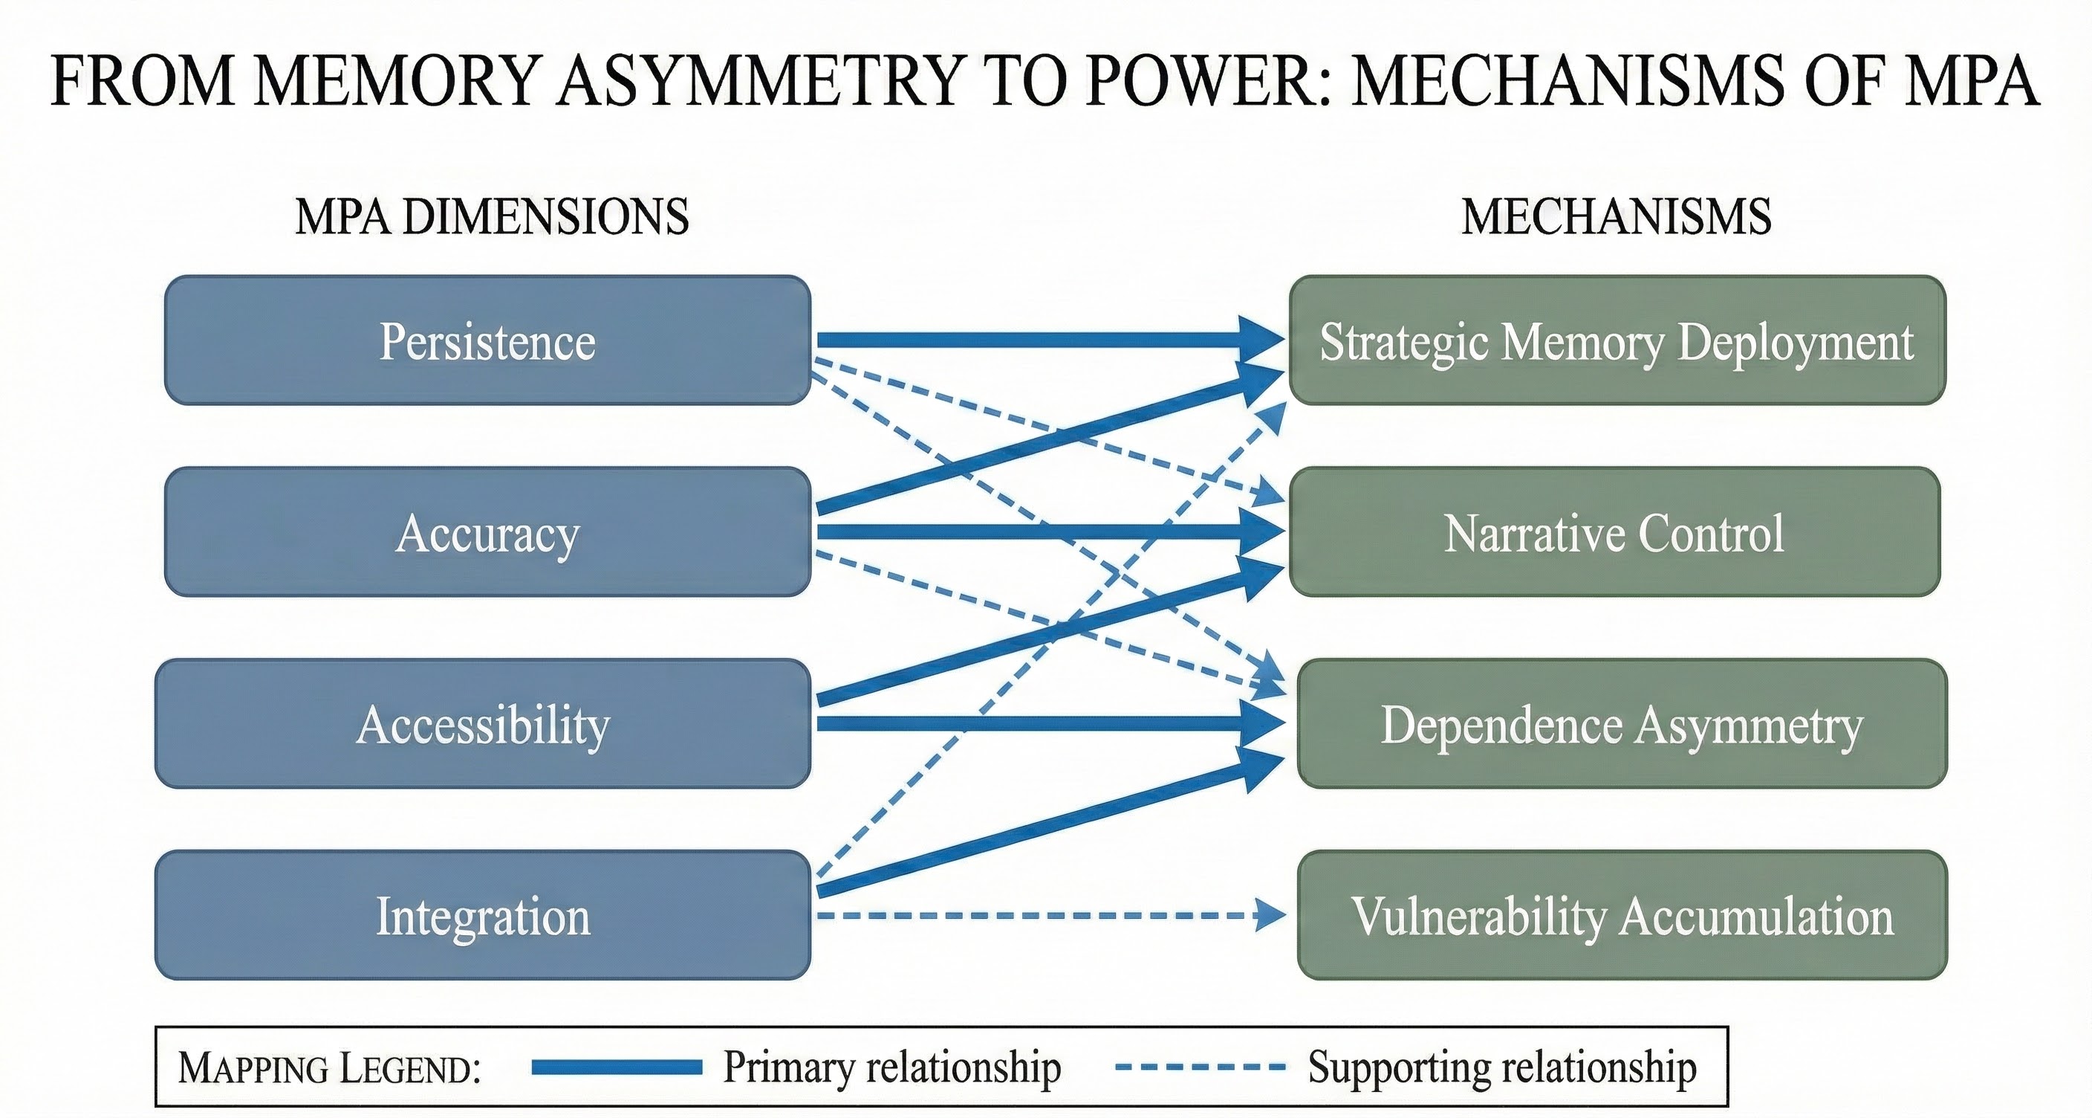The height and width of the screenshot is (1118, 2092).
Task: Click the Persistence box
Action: pos(487,340)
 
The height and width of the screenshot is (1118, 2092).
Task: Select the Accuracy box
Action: pos(487,532)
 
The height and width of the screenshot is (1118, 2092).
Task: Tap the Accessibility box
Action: pos(482,724)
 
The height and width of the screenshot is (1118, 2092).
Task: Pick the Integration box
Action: pos(482,916)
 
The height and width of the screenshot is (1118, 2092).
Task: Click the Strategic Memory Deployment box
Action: pos(1616,340)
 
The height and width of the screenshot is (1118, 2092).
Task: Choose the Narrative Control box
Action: pos(1614,532)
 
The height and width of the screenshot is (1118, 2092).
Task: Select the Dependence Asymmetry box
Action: pos(1622,724)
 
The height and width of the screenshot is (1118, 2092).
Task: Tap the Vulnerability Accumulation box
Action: pos(1622,916)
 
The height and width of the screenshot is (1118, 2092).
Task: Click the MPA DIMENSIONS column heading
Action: pos(492,217)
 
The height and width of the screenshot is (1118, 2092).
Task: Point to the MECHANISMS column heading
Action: pos(1616,217)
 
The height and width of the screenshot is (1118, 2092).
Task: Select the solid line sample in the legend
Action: pos(617,1067)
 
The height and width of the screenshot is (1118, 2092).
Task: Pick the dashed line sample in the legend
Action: pos(1200,1067)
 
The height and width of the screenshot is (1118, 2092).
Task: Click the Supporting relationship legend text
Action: pos(1501,1067)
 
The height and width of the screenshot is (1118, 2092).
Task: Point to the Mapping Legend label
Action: pos(329,1067)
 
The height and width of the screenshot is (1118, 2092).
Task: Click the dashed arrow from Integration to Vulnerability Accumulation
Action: pos(1031,916)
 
